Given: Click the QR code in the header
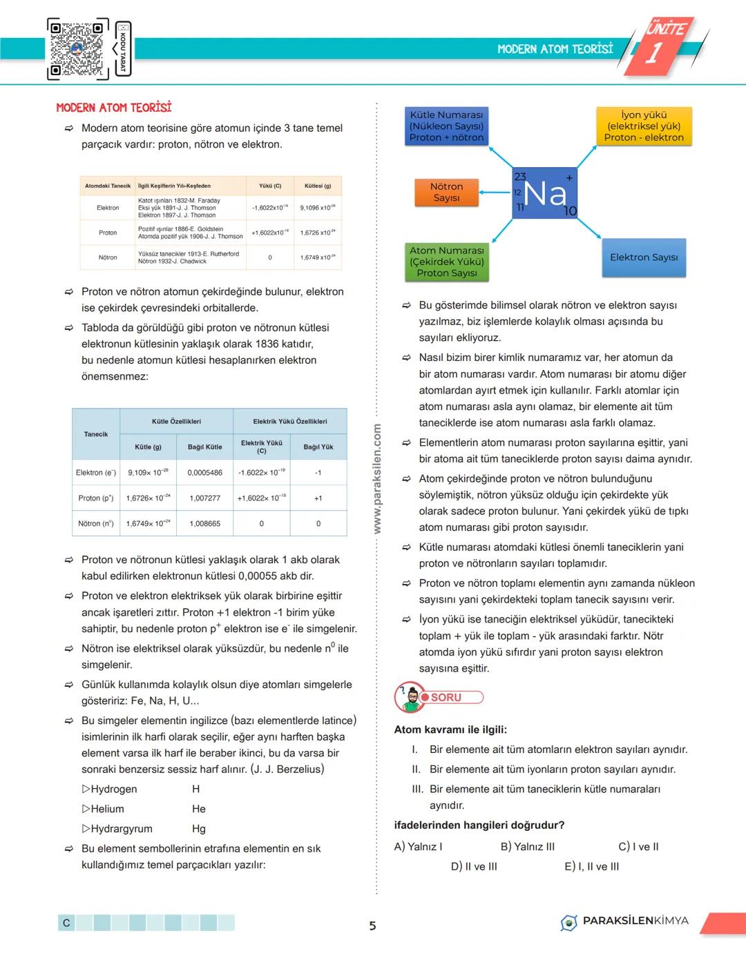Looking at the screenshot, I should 78,49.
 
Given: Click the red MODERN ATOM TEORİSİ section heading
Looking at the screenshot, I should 114,108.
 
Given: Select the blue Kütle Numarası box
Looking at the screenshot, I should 446,126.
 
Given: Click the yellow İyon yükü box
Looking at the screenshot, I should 644,126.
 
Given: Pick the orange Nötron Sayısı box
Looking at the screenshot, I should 446,193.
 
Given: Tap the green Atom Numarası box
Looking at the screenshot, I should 446,262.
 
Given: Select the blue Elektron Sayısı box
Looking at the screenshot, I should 644,257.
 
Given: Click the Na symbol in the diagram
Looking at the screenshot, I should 545,193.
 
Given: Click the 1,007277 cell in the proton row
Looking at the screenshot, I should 204,498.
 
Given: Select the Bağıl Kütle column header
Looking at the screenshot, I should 204,447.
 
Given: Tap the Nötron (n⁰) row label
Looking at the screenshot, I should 96,524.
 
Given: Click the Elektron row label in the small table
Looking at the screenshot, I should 108,208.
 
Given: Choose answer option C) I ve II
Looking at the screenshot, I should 638,847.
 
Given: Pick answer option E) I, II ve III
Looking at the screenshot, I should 591,867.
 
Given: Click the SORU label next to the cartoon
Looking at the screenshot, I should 447,698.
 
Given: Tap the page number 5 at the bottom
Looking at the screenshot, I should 373,926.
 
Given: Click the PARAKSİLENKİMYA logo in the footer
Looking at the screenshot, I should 625,921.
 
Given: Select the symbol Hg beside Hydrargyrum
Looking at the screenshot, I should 199,829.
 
